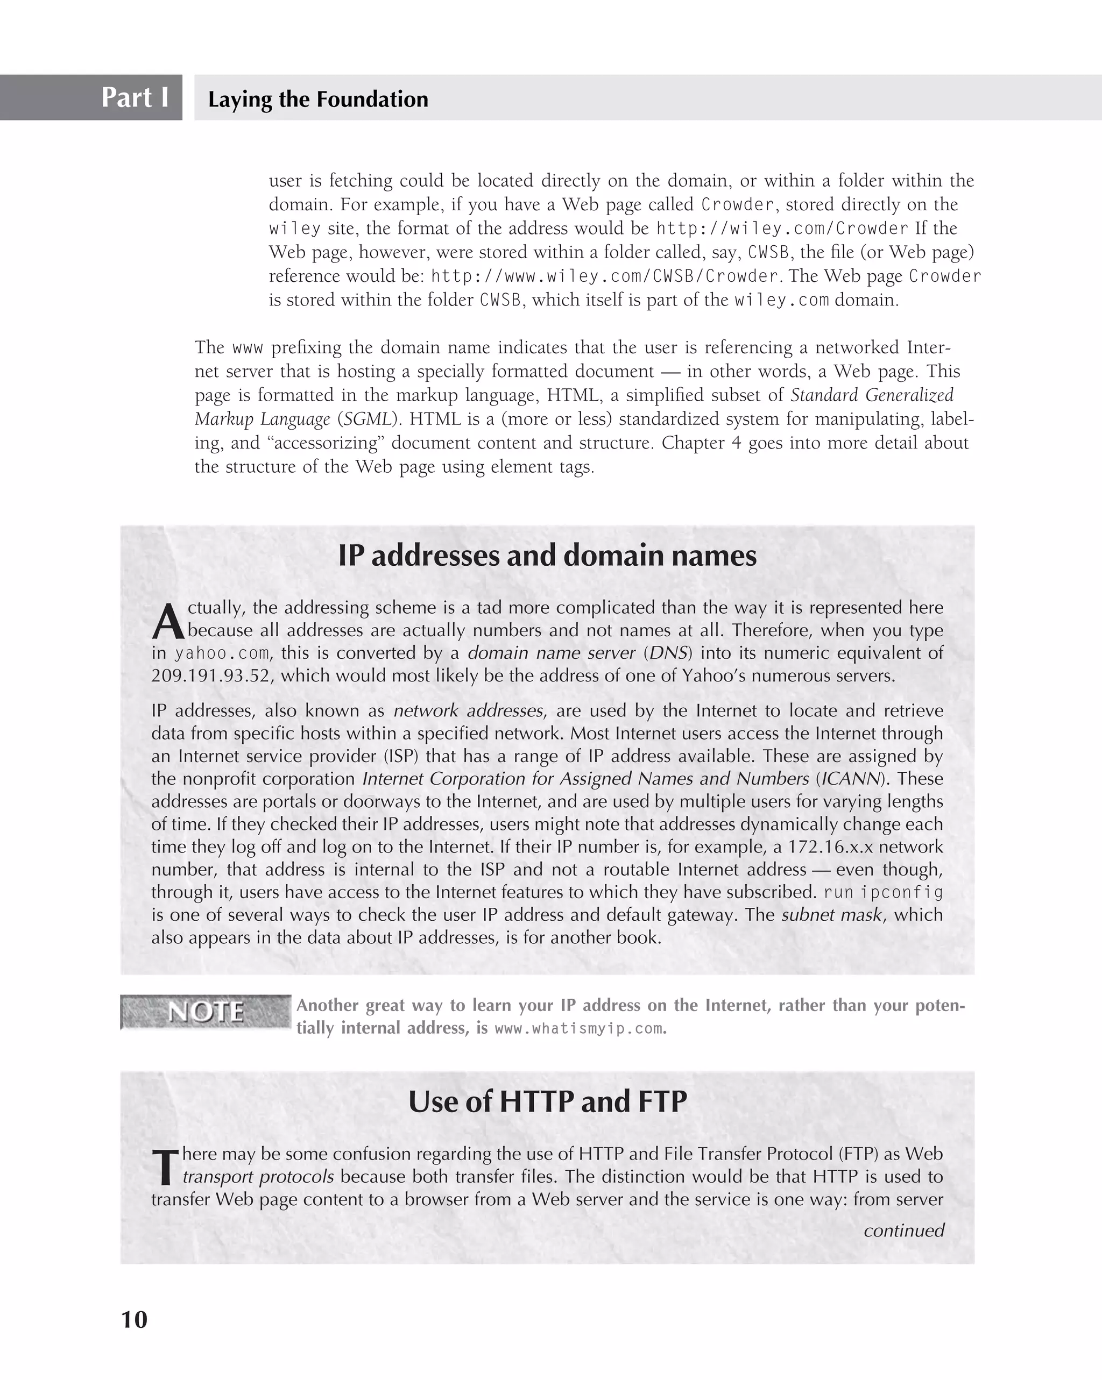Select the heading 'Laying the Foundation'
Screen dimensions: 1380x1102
coord(317,99)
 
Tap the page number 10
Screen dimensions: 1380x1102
coord(134,1319)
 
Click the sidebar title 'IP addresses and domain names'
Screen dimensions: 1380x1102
coord(547,555)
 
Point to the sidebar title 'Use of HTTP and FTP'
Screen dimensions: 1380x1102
coord(547,1101)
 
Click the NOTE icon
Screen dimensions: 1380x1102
coord(206,1011)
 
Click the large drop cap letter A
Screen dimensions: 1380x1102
coord(168,622)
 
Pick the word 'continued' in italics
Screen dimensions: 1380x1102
coord(903,1230)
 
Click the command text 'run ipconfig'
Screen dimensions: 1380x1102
coord(883,892)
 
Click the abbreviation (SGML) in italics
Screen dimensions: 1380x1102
coord(368,419)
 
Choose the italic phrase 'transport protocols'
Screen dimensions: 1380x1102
coord(258,1177)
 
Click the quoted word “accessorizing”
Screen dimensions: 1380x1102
coord(324,443)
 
